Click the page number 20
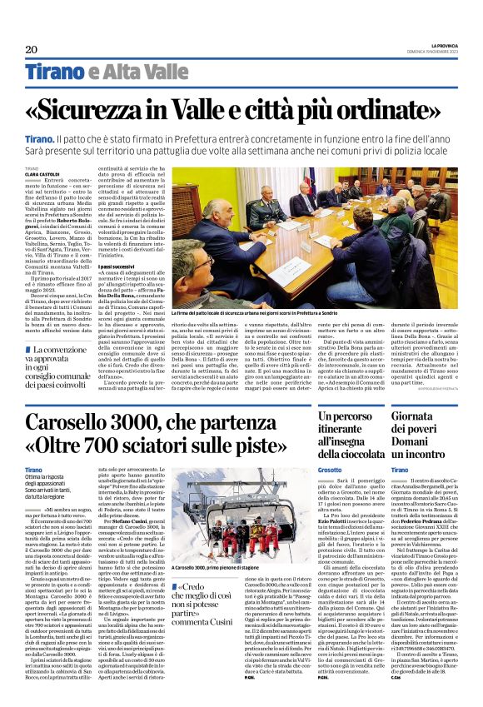32,49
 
